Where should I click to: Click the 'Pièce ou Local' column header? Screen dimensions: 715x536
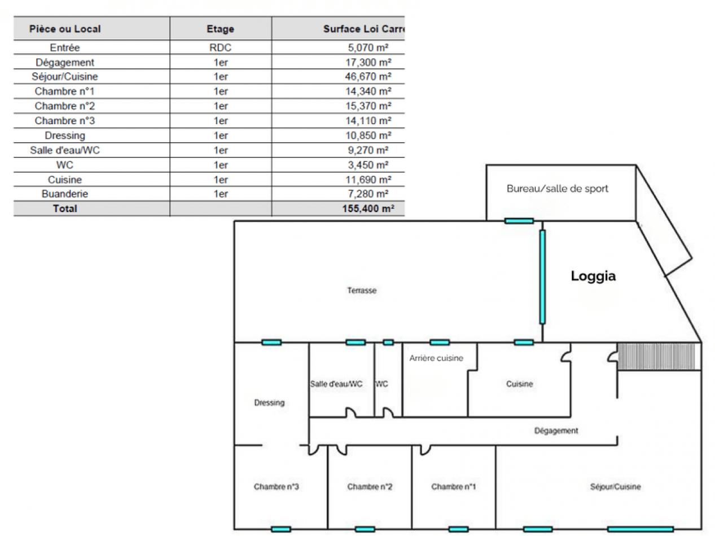click(x=65, y=29)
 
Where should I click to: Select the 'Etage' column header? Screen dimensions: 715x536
click(x=221, y=29)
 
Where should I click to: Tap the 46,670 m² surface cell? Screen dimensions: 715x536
click(x=369, y=77)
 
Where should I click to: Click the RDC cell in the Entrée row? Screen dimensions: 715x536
click(x=221, y=47)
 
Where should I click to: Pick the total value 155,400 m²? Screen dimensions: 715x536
click(x=369, y=208)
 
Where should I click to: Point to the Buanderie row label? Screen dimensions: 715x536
click(x=65, y=194)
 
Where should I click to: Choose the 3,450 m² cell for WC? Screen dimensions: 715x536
click(x=369, y=165)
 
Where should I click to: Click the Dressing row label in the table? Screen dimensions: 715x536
click(x=65, y=135)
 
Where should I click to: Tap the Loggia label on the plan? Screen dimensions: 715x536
click(x=593, y=276)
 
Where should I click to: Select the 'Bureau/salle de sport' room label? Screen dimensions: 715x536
click(x=558, y=188)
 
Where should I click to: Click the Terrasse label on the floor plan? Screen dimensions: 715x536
click(x=362, y=291)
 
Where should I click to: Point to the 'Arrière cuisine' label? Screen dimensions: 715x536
click(x=436, y=358)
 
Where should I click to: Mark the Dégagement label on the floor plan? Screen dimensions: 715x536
click(x=556, y=431)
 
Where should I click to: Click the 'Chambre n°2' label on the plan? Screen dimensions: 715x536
click(x=370, y=487)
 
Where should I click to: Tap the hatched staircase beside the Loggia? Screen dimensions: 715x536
click(x=656, y=356)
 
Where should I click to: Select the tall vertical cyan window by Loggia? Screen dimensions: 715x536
click(x=542, y=277)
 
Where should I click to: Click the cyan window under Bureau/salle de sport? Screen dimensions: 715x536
click(x=519, y=221)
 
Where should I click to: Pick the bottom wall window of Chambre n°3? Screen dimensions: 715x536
click(x=281, y=529)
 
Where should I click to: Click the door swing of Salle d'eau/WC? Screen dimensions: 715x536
click(x=351, y=412)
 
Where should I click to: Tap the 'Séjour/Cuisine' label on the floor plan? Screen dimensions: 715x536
click(x=615, y=487)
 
